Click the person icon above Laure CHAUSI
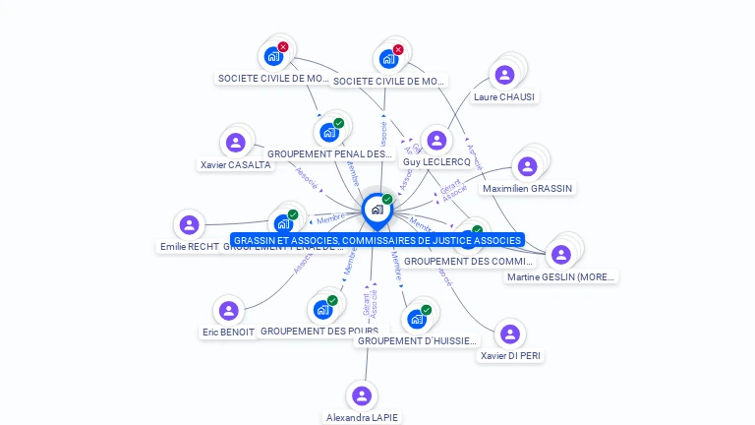click(x=504, y=75)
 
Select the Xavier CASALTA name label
click(x=235, y=165)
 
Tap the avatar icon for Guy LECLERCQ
click(x=436, y=141)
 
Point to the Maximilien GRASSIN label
click(x=528, y=188)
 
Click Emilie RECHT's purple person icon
click(x=190, y=225)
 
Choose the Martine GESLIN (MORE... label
click(x=561, y=276)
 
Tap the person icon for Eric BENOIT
click(x=229, y=311)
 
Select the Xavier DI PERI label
click(x=510, y=355)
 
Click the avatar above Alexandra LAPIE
click(x=363, y=395)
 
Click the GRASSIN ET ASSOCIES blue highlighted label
click(x=377, y=240)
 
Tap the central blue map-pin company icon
click(x=377, y=210)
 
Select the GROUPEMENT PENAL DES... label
click(x=329, y=153)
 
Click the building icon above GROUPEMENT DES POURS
click(x=322, y=309)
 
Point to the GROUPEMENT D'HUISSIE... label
click(x=417, y=340)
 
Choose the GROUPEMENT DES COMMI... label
click(x=468, y=261)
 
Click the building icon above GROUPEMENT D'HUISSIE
click(x=417, y=319)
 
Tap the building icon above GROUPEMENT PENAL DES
click(x=328, y=132)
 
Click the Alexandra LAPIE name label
click(x=363, y=417)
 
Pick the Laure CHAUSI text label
click(x=504, y=96)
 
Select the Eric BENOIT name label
click(x=228, y=333)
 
